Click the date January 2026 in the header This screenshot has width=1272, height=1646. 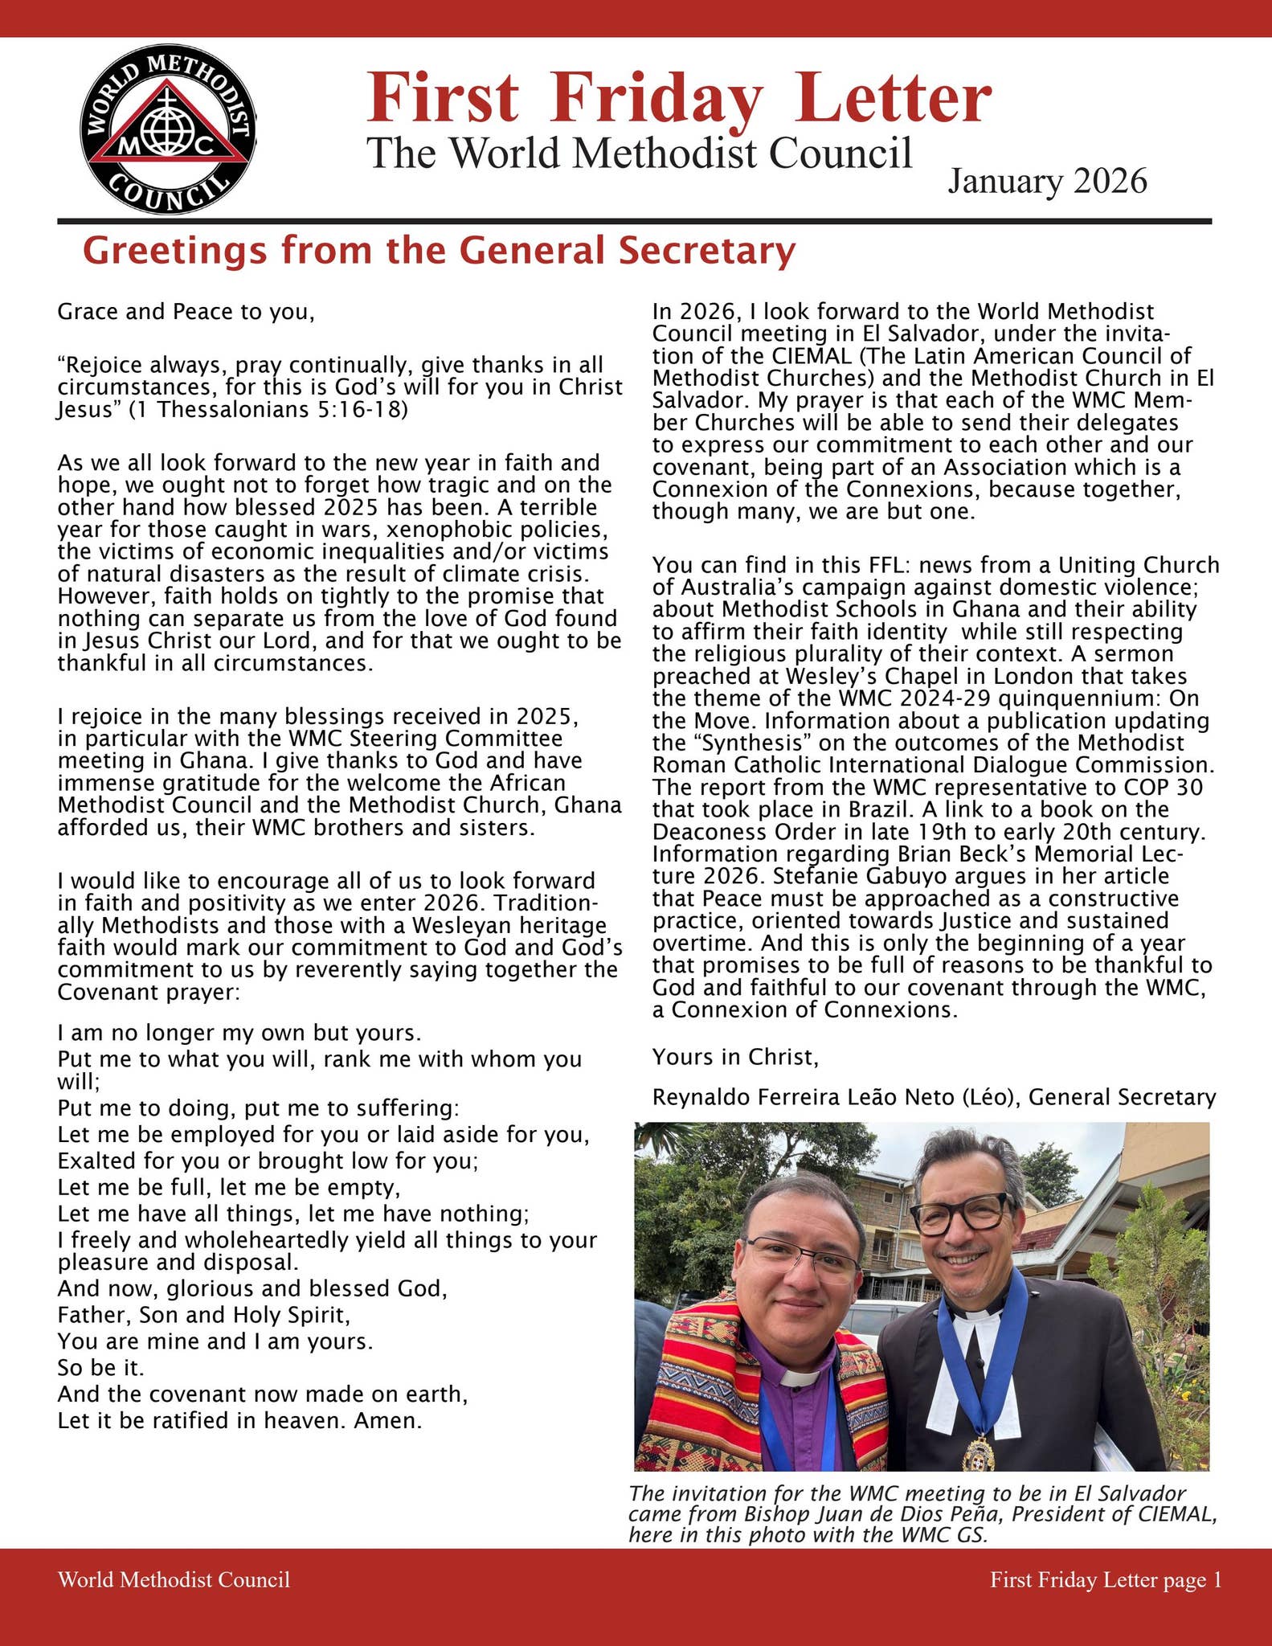(x=1047, y=182)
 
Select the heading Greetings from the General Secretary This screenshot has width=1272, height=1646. (x=439, y=251)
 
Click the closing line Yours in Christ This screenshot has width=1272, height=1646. (x=735, y=1058)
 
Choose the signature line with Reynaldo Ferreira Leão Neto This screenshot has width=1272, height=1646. (x=934, y=1097)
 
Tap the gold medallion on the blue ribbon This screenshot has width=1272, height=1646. (x=979, y=1452)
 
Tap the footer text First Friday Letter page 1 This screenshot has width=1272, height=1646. (x=1106, y=1580)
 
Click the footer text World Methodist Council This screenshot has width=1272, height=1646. (x=174, y=1580)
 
